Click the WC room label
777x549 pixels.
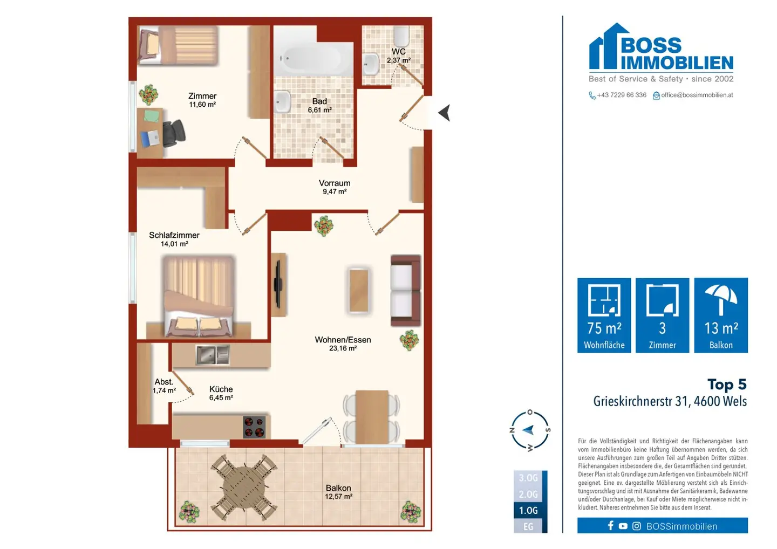coord(399,52)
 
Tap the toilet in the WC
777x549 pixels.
coord(402,36)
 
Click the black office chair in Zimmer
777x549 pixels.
coord(173,133)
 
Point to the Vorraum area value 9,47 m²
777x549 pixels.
coord(335,191)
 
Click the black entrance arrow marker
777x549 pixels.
coord(445,113)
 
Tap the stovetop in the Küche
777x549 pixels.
coord(254,427)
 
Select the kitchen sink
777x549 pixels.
coord(213,355)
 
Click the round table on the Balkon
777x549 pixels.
coord(244,488)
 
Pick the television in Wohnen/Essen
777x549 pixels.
coord(278,284)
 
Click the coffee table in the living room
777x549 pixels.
coord(359,291)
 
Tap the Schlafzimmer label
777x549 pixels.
coord(174,235)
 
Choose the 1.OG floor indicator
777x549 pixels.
coord(528,510)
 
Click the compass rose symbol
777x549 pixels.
coord(530,430)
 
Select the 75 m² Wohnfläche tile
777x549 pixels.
coord(604,315)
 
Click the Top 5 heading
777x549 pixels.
coord(727,384)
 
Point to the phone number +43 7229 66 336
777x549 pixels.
coord(622,95)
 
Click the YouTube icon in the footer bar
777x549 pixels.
coord(623,526)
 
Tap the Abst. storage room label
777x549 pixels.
coord(163,382)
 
